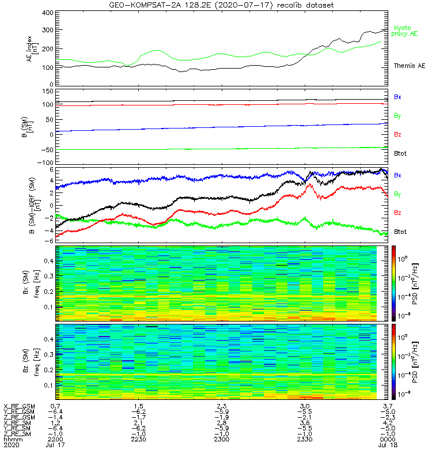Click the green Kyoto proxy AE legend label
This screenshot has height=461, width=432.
point(406,31)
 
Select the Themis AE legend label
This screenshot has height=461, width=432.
point(408,66)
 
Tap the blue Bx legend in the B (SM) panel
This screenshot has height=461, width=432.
point(397,97)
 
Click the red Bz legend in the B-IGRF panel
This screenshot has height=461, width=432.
point(397,213)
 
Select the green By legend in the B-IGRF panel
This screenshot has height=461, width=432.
point(397,194)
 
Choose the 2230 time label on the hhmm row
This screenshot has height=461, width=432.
point(138,439)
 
